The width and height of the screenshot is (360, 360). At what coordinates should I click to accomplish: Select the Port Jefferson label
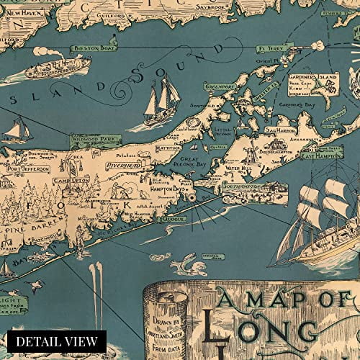27,168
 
